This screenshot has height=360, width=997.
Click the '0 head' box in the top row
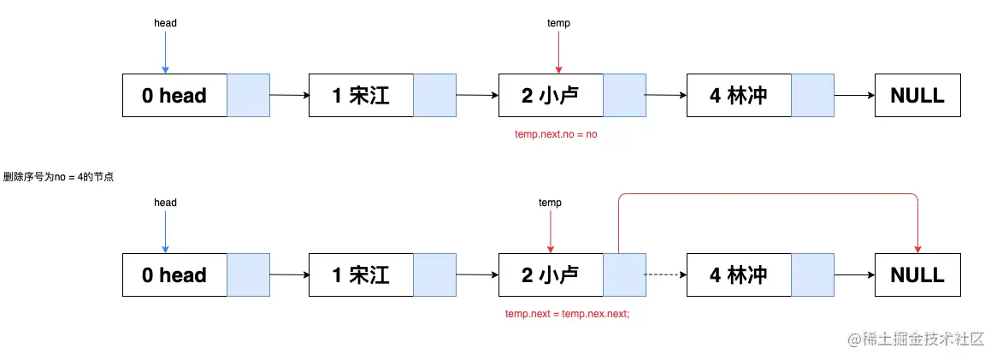174,96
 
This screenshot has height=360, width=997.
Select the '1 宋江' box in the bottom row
361,275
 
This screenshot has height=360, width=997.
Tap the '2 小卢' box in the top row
551,96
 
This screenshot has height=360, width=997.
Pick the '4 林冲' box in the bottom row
738,275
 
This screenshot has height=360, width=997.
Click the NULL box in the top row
917,96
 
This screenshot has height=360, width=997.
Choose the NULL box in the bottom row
917,275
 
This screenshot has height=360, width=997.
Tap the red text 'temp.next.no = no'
555,134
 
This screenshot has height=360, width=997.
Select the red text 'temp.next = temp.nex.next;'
567,314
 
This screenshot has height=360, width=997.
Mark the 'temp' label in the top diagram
558,23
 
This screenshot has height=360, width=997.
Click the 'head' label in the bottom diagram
165,203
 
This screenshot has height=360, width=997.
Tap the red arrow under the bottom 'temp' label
550,232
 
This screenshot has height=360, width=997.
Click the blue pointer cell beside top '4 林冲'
812,96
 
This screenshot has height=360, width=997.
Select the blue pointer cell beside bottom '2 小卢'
624,275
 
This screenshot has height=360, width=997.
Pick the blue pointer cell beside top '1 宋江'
435,96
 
